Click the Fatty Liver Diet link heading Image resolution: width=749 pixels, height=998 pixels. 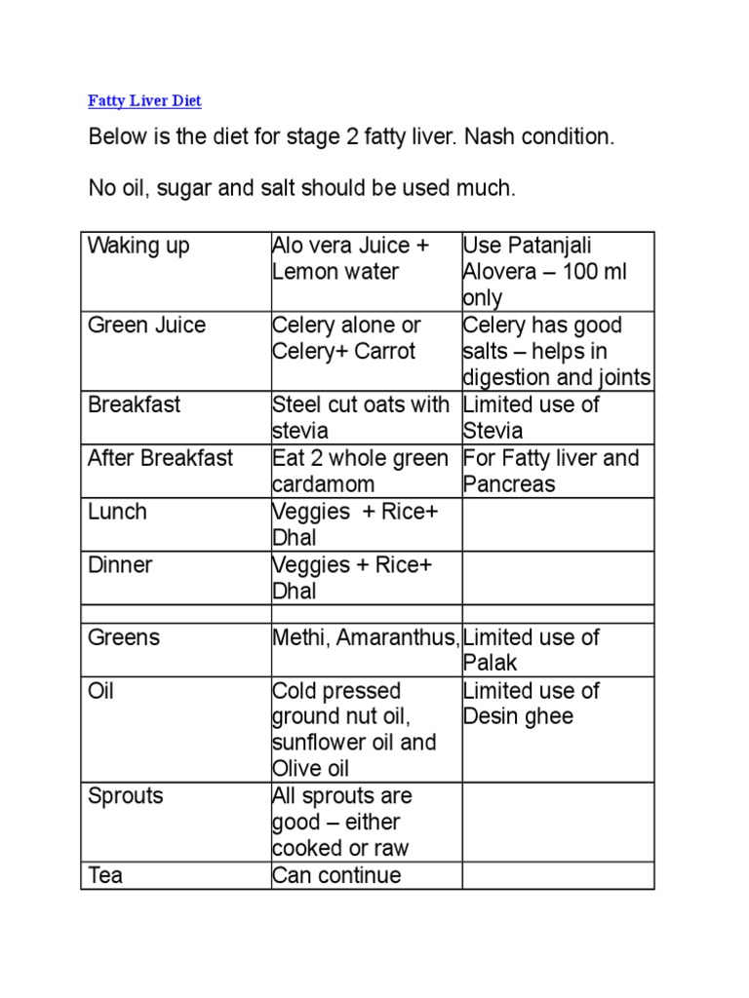144,101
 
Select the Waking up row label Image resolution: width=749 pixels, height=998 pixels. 138,246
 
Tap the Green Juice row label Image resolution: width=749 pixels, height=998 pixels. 146,326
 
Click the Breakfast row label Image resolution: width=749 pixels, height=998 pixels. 135,404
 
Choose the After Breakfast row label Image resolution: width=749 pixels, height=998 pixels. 160,458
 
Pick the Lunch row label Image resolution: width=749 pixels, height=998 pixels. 117,512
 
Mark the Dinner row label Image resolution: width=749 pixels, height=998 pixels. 120,565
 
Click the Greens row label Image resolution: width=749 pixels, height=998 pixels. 124,637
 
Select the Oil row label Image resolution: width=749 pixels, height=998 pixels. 101,691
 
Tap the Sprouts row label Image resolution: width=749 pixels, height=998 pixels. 126,796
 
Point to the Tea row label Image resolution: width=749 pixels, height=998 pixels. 105,875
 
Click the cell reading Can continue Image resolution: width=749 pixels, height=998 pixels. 336,875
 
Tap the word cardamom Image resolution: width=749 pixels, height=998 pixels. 323,484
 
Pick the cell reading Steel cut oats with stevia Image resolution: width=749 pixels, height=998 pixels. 361,417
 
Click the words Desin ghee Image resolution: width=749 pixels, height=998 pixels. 518,717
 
